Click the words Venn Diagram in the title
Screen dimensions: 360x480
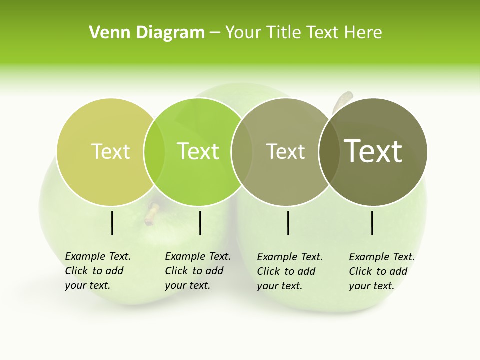147,33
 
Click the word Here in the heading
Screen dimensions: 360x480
362,33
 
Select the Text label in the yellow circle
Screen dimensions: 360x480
110,151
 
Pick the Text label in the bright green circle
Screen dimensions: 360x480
198,151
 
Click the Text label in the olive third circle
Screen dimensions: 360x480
285,151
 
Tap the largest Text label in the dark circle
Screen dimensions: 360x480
373,151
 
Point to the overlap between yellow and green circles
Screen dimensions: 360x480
154,151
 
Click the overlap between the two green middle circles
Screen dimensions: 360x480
241,151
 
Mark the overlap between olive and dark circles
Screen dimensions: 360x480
328,151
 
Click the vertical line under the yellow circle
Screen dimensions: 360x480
112,223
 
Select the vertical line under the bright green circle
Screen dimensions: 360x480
200,223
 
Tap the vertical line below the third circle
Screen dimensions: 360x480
288,223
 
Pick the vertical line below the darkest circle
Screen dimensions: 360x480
372,223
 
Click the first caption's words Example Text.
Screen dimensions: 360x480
98,256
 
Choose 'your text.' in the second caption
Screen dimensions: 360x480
187,285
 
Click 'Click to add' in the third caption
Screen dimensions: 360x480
286,271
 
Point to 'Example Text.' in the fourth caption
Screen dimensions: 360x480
382,257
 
